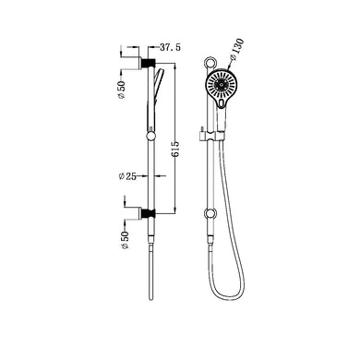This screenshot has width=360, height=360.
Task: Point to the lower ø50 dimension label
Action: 122,241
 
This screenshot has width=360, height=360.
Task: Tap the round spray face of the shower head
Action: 222,89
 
